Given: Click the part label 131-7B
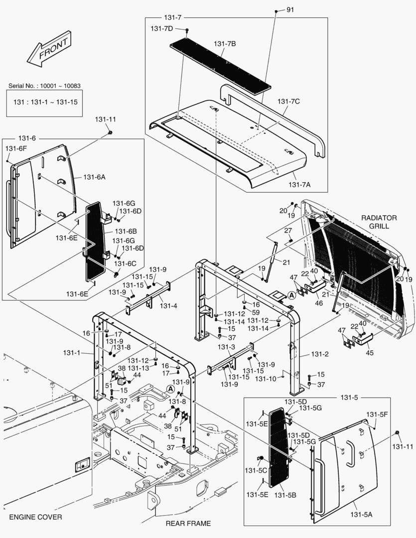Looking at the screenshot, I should pyautogui.click(x=225, y=44).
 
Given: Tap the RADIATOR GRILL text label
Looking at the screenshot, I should pyautogui.click(x=379, y=222).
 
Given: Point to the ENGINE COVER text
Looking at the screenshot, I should pyautogui.click(x=35, y=517).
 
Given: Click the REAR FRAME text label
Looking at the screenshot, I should pyautogui.click(x=188, y=523).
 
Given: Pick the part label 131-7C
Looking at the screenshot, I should pyautogui.click(x=289, y=102).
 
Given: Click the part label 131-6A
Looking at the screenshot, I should pyautogui.click(x=95, y=177).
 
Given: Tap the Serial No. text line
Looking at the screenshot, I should pyautogui.click(x=45, y=86).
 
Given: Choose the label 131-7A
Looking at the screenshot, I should pyautogui.click(x=300, y=185).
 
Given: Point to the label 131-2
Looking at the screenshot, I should pyautogui.click(x=320, y=354).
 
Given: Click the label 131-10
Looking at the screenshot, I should pyautogui.click(x=266, y=379).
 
